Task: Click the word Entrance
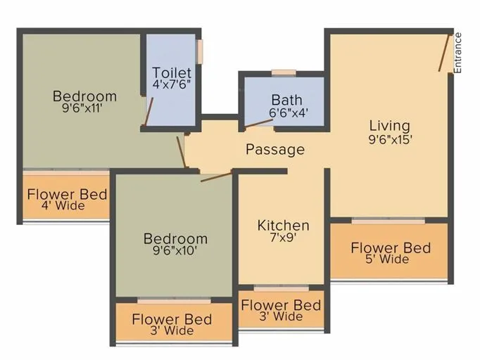pyautogui.click(x=458, y=53)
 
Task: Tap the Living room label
pyautogui.click(x=389, y=126)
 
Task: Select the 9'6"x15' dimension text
pyautogui.click(x=389, y=139)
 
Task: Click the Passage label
pyautogui.click(x=275, y=149)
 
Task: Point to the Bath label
pyautogui.click(x=286, y=100)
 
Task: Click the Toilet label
pyautogui.click(x=172, y=72)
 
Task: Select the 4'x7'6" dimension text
pyautogui.click(x=172, y=84)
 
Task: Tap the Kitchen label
pyautogui.click(x=283, y=225)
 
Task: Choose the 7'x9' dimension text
pyautogui.click(x=283, y=238)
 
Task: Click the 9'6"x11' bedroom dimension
pyautogui.click(x=84, y=108)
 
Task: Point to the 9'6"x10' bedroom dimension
pyautogui.click(x=175, y=251)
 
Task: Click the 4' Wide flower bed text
pyautogui.click(x=66, y=206)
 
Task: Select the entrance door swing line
pyautogui.click(x=445, y=53)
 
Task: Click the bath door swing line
pyautogui.click(x=258, y=124)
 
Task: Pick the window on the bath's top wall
pyautogui.click(x=283, y=72)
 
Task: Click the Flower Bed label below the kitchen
pyautogui.click(x=281, y=305)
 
